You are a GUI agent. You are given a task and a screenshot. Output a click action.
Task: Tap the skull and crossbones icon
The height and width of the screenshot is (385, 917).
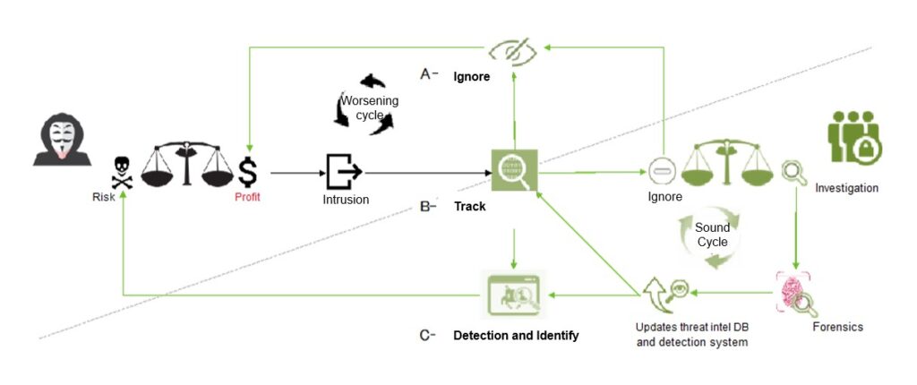coord(121,169)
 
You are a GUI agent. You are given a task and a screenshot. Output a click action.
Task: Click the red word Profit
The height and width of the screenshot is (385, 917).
coord(247,197)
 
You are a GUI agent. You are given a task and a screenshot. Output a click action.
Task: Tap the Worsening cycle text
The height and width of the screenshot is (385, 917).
coord(370,108)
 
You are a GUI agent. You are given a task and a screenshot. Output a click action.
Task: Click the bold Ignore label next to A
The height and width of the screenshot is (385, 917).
coord(471,77)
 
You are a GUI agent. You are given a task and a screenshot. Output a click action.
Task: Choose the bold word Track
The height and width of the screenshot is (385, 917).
coord(470,207)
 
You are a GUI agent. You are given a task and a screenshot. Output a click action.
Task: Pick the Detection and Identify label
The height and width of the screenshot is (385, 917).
coord(516,336)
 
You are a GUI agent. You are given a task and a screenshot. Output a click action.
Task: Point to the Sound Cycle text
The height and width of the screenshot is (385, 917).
coord(713,235)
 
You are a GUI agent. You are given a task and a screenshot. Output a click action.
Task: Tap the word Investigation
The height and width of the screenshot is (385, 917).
coord(846,189)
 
